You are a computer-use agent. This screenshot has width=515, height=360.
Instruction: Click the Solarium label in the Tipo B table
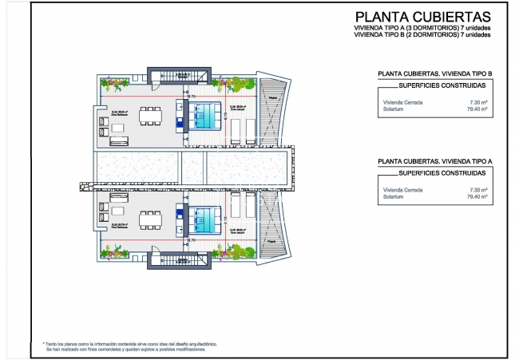393,109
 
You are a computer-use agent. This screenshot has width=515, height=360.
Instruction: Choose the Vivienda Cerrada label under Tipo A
402,189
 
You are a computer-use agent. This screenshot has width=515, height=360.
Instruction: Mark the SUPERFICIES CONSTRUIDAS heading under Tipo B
441,85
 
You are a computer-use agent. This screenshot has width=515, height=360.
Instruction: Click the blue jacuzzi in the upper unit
206,117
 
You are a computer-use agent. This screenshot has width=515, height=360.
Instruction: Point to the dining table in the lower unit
150,216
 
